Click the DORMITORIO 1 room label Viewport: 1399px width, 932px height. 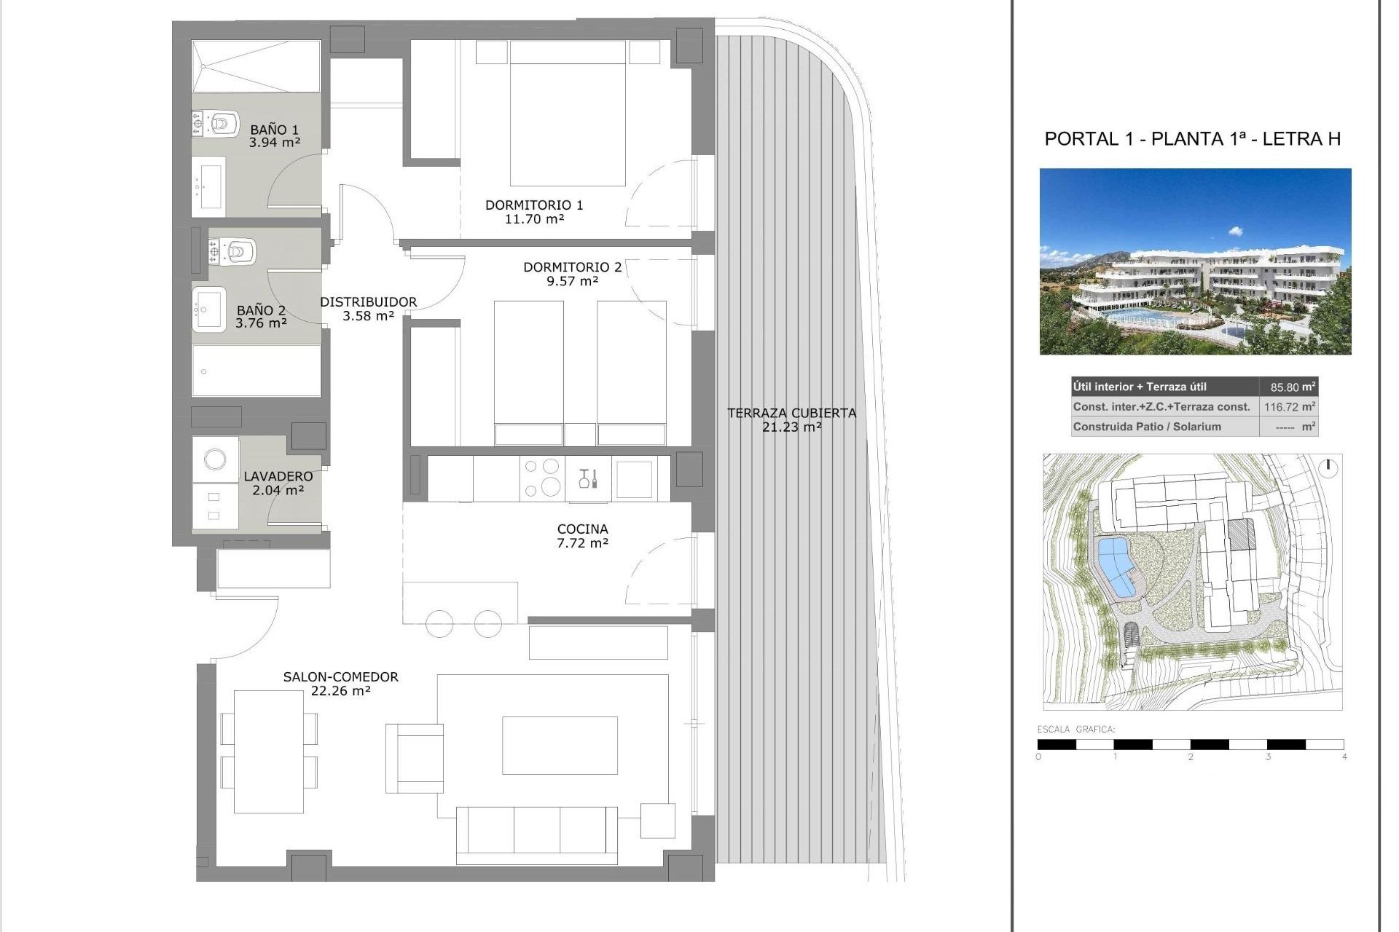(534, 205)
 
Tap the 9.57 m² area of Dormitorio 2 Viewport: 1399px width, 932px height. (573, 281)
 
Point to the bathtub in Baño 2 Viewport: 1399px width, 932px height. (256, 370)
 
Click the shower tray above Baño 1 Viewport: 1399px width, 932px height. (256, 66)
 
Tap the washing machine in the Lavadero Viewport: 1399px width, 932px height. (215, 459)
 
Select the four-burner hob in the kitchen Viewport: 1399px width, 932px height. (542, 478)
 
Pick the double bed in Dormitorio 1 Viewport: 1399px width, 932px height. (568, 113)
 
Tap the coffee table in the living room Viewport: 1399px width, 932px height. (560, 745)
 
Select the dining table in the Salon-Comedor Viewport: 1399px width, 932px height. (269, 751)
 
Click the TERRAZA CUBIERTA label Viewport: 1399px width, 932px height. (791, 414)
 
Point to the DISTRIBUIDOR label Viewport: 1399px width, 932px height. (369, 302)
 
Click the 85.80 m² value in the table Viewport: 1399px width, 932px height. (1288, 387)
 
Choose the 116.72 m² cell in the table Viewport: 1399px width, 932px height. (1288, 407)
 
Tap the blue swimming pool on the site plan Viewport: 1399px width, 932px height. (1117, 568)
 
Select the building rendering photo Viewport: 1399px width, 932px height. (1195, 261)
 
